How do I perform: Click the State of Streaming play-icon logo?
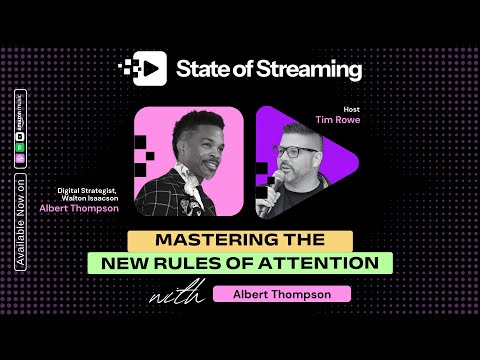(x=143, y=69)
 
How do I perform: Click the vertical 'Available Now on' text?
(x=20, y=225)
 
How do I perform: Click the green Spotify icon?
(x=20, y=143)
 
